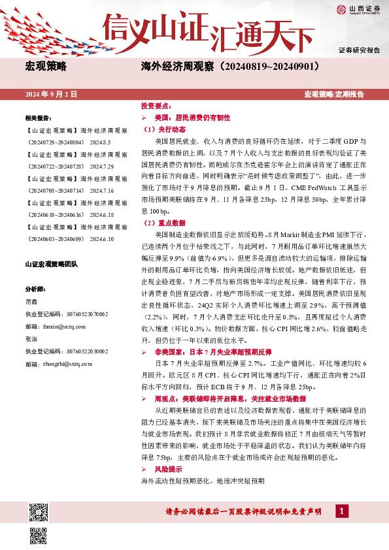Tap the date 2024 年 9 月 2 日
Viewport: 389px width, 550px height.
51,95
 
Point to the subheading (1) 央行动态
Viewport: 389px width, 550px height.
160,129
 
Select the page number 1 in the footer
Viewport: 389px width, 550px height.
341,510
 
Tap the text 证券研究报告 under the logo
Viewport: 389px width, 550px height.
360,50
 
